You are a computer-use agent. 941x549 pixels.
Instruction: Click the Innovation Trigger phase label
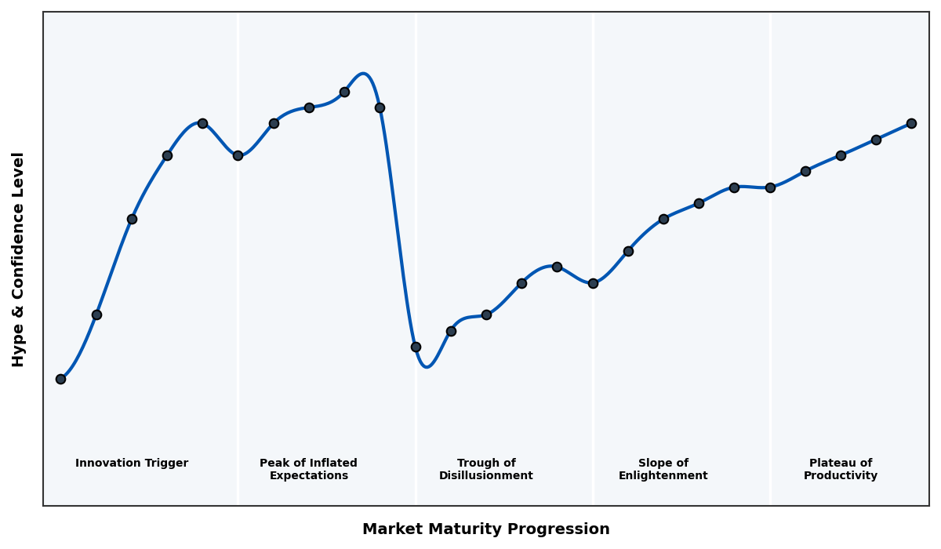pyautogui.click(x=132, y=464)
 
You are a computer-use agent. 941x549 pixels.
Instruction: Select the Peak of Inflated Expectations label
pyautogui.click(x=308, y=469)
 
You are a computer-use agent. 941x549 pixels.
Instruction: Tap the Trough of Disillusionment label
pyautogui.click(x=486, y=469)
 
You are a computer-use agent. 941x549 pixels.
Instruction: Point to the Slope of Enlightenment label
pyautogui.click(x=663, y=469)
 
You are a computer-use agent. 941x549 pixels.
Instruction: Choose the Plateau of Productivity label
pyautogui.click(x=841, y=469)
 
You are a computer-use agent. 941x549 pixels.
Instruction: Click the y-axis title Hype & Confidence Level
pyautogui.click(x=19, y=259)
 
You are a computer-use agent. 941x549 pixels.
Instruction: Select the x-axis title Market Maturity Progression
pyautogui.click(x=486, y=529)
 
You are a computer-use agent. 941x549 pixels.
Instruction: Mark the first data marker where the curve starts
pyautogui.click(x=60, y=379)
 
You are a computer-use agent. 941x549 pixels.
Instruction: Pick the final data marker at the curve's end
pyautogui.click(x=911, y=123)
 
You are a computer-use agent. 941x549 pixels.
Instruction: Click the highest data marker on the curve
pyautogui.click(x=344, y=92)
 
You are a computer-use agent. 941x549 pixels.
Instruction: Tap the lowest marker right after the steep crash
pyautogui.click(x=416, y=347)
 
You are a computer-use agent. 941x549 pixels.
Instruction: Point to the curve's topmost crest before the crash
pyautogui.click(x=363, y=74)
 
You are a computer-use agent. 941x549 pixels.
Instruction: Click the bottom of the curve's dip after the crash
pyautogui.click(x=427, y=366)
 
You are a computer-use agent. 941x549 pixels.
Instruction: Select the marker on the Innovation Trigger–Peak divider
pyautogui.click(x=238, y=155)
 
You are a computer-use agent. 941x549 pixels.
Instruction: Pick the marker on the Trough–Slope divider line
pyautogui.click(x=593, y=283)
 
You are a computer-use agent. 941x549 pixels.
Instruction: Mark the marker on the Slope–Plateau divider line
pyautogui.click(x=770, y=187)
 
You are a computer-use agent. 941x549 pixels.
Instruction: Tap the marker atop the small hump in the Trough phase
pyautogui.click(x=557, y=267)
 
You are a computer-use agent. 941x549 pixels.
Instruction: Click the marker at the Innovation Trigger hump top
pyautogui.click(x=202, y=123)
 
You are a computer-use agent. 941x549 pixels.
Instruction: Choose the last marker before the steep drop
pyautogui.click(x=380, y=107)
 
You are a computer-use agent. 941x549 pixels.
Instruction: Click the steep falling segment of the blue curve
pyautogui.click(x=398, y=227)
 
